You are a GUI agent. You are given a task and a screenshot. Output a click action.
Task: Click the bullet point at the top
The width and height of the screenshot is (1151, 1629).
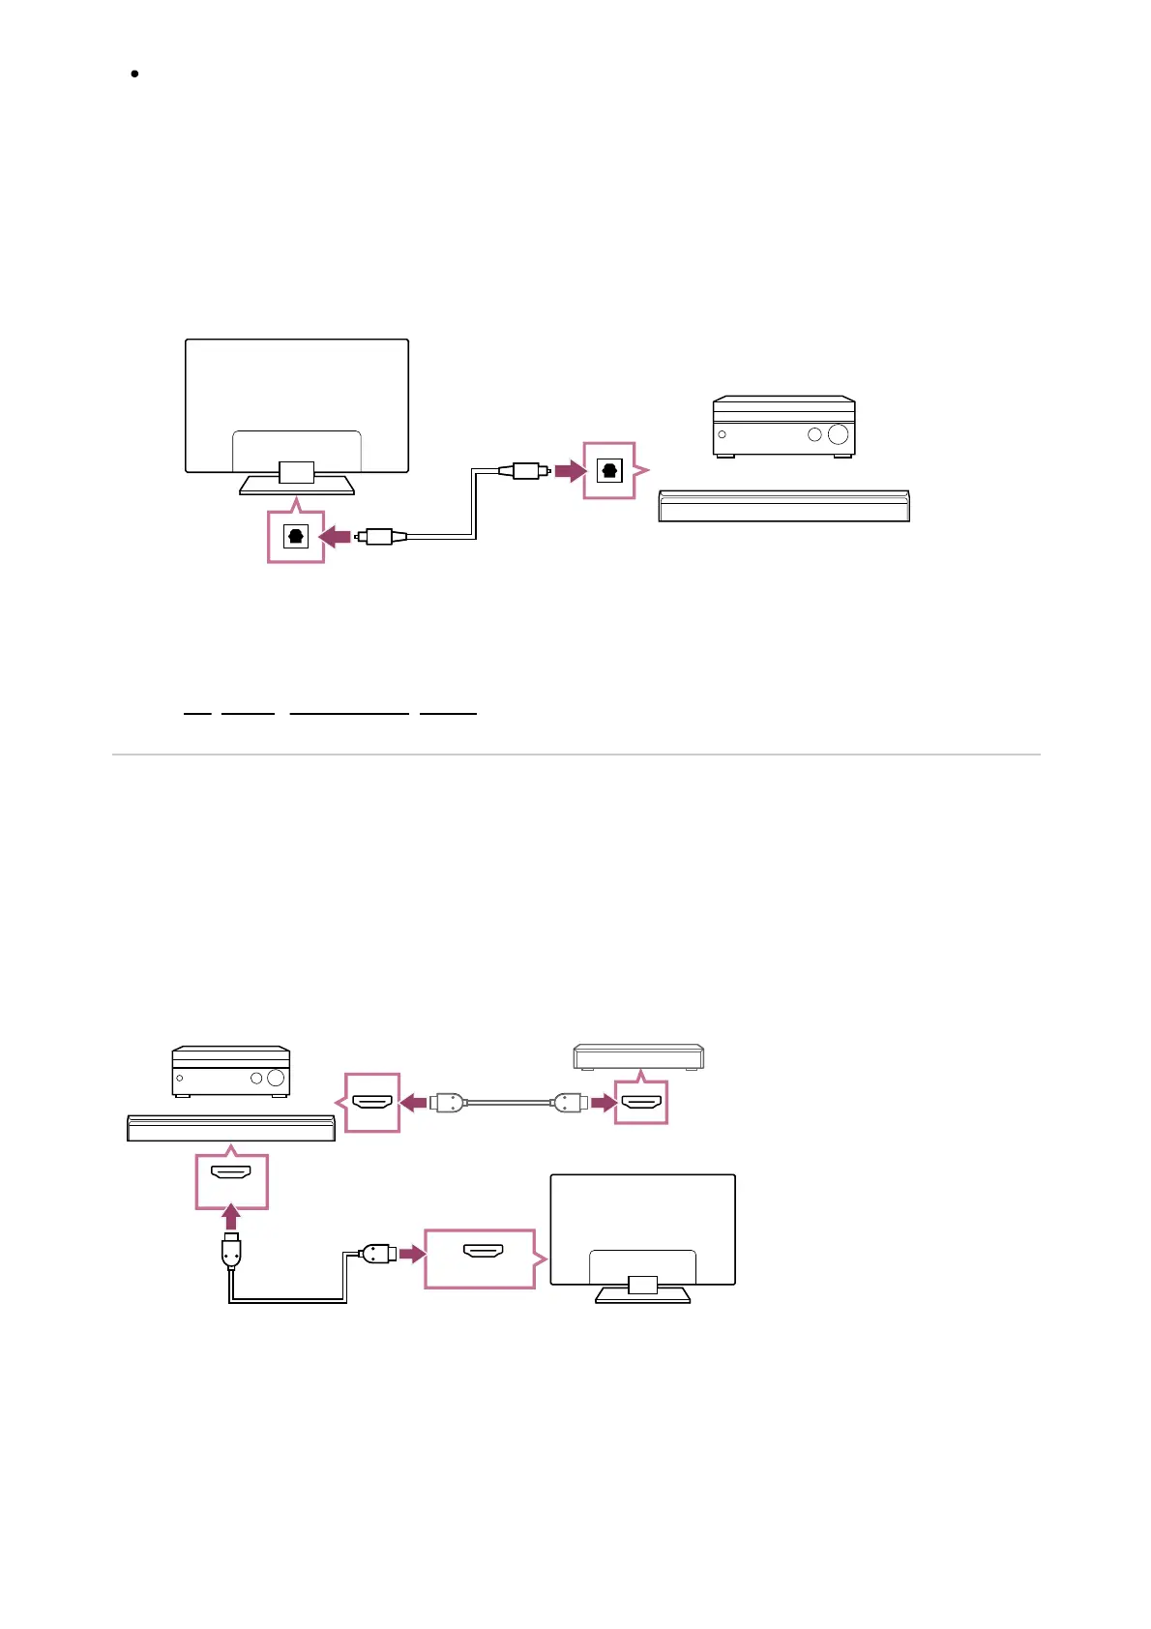(134, 74)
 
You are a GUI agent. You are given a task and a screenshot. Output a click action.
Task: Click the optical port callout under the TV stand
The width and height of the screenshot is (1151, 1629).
(296, 536)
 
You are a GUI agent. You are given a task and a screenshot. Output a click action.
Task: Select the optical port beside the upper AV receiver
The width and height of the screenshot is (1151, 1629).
(609, 471)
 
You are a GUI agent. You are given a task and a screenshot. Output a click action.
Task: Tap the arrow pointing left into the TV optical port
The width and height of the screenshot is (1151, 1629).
(335, 536)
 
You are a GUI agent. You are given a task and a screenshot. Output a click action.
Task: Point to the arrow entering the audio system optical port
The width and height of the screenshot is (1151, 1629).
(570, 471)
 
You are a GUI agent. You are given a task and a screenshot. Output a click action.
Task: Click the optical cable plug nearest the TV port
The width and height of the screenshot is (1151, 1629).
(374, 536)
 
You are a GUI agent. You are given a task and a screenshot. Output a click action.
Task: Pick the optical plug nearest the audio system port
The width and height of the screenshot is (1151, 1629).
(524, 471)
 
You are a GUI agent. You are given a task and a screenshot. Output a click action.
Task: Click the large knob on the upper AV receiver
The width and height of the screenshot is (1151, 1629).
(838, 434)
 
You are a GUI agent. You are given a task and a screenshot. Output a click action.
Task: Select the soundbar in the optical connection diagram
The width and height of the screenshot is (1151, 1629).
(783, 506)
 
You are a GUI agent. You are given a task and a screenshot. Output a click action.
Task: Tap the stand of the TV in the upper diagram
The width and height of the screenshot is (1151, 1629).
(296, 482)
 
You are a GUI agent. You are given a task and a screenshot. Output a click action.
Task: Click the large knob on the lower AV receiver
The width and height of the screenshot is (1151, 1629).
(276, 1078)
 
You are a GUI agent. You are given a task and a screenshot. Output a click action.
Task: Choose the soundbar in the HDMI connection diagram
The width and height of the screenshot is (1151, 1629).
(231, 1128)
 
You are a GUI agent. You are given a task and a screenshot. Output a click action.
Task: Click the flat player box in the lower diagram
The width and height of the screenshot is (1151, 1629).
(638, 1056)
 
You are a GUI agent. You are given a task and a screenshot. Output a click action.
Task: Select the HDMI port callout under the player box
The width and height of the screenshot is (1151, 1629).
(641, 1102)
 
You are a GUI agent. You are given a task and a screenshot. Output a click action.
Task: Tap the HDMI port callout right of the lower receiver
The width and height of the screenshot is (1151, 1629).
(372, 1102)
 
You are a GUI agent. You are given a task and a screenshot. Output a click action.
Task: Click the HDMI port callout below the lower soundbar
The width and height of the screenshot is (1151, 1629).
(231, 1180)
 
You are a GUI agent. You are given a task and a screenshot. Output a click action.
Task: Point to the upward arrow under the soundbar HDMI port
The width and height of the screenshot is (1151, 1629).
(231, 1217)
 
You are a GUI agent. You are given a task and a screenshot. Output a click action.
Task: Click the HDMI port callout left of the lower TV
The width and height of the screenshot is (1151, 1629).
(481, 1258)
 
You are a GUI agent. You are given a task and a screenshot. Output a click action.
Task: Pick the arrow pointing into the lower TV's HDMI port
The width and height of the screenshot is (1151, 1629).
(412, 1254)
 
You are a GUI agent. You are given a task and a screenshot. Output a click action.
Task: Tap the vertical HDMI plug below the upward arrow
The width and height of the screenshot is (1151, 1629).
(231, 1250)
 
